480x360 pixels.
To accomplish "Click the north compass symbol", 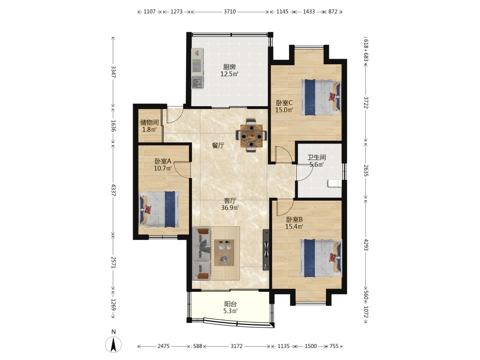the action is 113,344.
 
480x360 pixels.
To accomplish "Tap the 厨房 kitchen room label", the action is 229,67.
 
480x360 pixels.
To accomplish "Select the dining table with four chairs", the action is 252,135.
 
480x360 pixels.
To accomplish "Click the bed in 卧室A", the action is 159,209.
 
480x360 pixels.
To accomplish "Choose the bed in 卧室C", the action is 321,97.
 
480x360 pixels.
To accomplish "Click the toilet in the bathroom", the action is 334,183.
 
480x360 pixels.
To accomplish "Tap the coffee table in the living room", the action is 224,252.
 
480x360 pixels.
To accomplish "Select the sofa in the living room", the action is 202,253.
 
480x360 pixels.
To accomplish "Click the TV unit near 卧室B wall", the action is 266,250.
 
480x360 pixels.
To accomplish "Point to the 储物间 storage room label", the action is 149,122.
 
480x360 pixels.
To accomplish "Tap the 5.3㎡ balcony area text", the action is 230,311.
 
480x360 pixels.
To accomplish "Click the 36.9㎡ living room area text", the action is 230,208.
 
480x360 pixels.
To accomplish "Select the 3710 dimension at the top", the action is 229,12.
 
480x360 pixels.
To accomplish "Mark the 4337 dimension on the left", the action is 113,190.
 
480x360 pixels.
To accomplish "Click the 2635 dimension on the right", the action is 366,170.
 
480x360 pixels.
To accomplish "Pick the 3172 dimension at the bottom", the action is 237,346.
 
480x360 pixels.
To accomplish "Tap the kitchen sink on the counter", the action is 197,83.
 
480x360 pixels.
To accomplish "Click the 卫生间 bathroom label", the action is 316,157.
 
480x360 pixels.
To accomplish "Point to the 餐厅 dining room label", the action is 218,145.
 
